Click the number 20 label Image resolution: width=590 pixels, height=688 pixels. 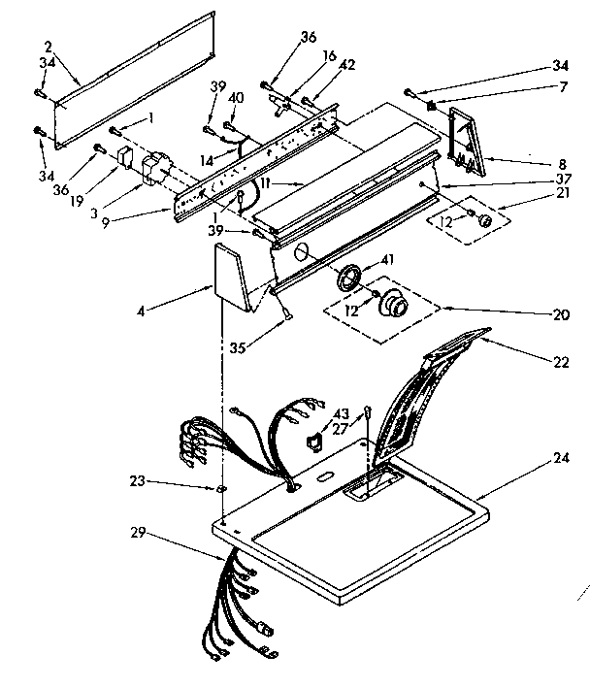[559, 313]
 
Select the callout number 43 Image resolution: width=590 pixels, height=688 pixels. [341, 412]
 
